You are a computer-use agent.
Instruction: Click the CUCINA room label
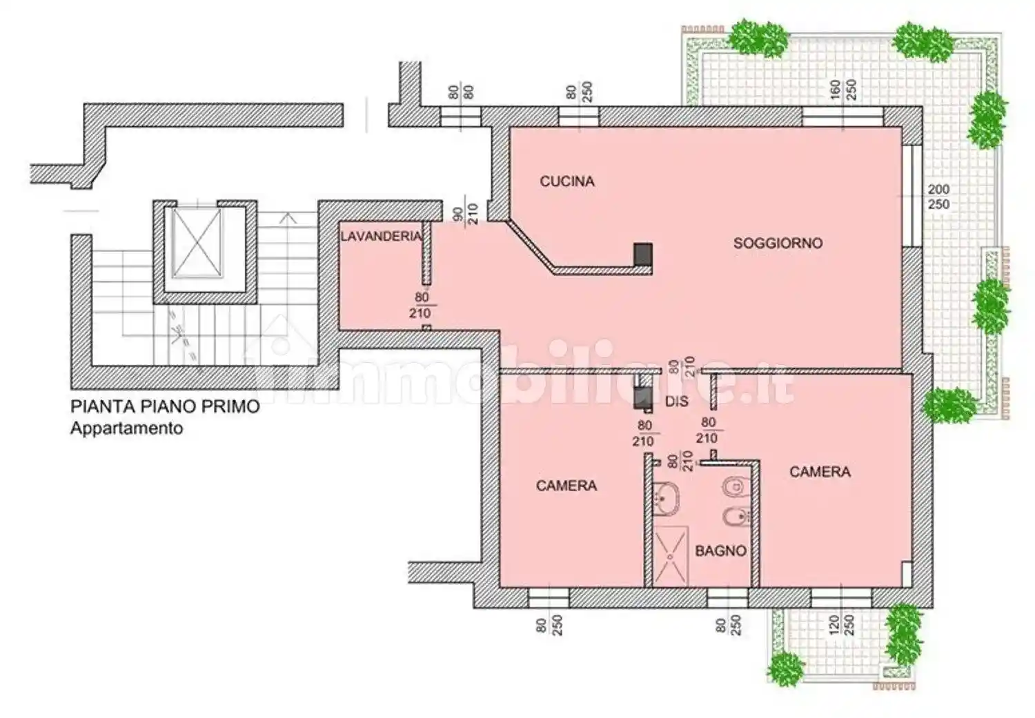click(x=567, y=181)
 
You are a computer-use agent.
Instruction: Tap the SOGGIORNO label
click(x=778, y=243)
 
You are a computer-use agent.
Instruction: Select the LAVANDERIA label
click(x=381, y=237)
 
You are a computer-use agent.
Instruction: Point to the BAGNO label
click(x=721, y=551)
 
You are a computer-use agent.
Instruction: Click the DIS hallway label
click(x=676, y=401)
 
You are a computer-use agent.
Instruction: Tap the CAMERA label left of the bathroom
click(x=566, y=486)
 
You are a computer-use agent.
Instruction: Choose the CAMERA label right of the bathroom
click(x=820, y=472)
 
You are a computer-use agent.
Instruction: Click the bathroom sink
click(x=666, y=499)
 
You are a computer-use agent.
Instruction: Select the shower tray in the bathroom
click(x=671, y=557)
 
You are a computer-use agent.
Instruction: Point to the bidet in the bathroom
click(x=736, y=516)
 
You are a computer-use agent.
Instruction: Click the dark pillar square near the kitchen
click(x=642, y=254)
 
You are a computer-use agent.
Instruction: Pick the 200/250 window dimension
click(x=939, y=197)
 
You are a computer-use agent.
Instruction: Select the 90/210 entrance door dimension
click(x=465, y=215)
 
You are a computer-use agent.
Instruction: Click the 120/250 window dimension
click(x=841, y=625)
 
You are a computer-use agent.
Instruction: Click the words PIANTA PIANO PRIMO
click(x=165, y=407)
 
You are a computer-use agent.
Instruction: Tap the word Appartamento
click(x=126, y=429)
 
